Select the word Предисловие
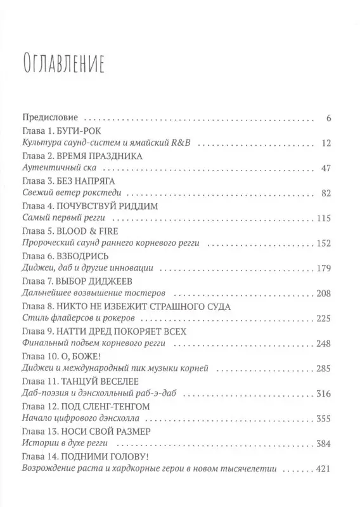[50, 118]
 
